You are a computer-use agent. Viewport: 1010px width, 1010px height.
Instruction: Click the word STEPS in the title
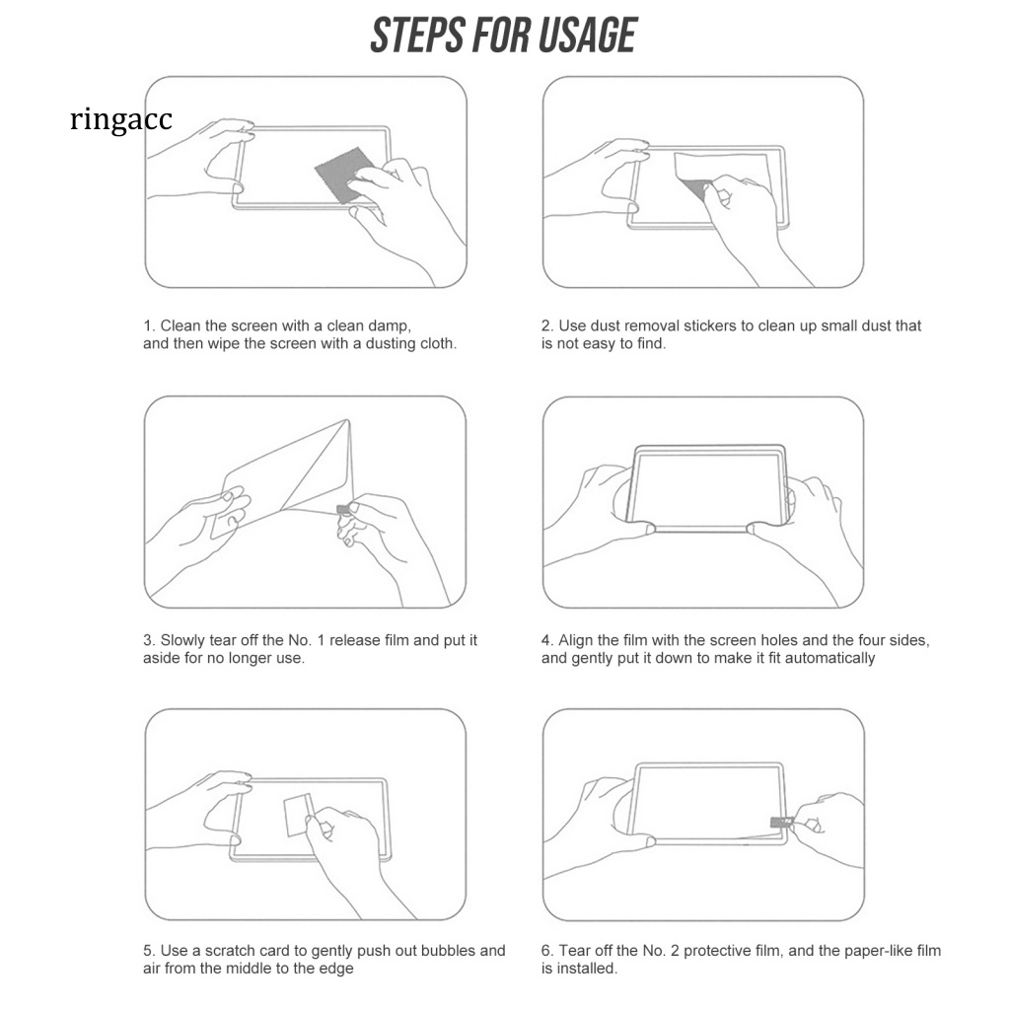pos(417,36)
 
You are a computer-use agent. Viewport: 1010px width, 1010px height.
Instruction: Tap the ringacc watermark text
pos(121,119)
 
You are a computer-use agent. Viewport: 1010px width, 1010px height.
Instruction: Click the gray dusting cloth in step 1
pos(341,174)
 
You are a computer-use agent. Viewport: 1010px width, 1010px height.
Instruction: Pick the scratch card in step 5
pos(298,815)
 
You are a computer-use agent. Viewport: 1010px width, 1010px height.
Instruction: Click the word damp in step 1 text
pos(389,325)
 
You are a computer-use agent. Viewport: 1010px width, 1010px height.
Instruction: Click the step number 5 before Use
pos(148,951)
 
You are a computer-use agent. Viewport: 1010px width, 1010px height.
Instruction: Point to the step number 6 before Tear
pos(546,951)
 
